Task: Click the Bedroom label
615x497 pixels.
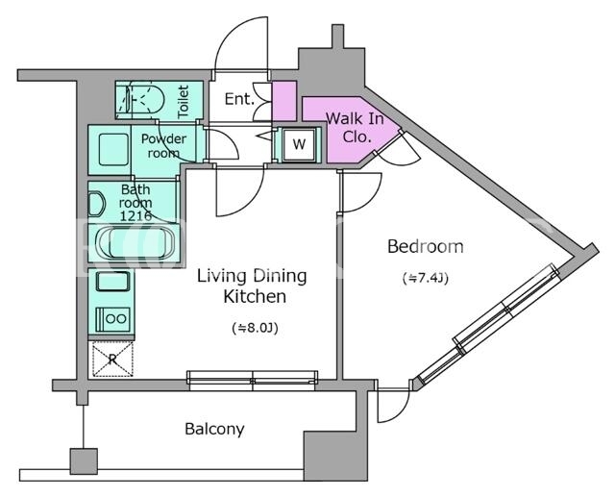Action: tap(425, 247)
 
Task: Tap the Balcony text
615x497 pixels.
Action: tap(214, 429)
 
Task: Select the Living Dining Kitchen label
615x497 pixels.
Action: tap(252, 286)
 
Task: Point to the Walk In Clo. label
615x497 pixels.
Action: tap(355, 127)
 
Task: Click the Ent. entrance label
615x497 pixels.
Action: tap(239, 99)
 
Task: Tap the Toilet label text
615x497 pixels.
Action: tap(184, 102)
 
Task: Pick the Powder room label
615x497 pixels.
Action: tap(163, 145)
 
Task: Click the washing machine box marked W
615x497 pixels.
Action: tap(299, 144)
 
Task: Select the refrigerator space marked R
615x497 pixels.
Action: tap(112, 360)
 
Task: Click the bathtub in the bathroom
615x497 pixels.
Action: tap(135, 243)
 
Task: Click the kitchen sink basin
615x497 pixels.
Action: tap(112, 282)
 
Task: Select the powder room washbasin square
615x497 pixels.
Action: tap(113, 150)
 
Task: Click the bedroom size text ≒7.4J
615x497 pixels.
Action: tap(426, 278)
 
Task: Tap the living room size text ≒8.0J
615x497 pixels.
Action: tap(255, 328)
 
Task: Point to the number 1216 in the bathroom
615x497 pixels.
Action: tap(135, 215)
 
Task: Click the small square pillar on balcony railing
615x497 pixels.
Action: tap(84, 461)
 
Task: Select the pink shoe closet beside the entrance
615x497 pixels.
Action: tap(284, 101)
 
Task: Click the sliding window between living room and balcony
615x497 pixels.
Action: tap(252, 381)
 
